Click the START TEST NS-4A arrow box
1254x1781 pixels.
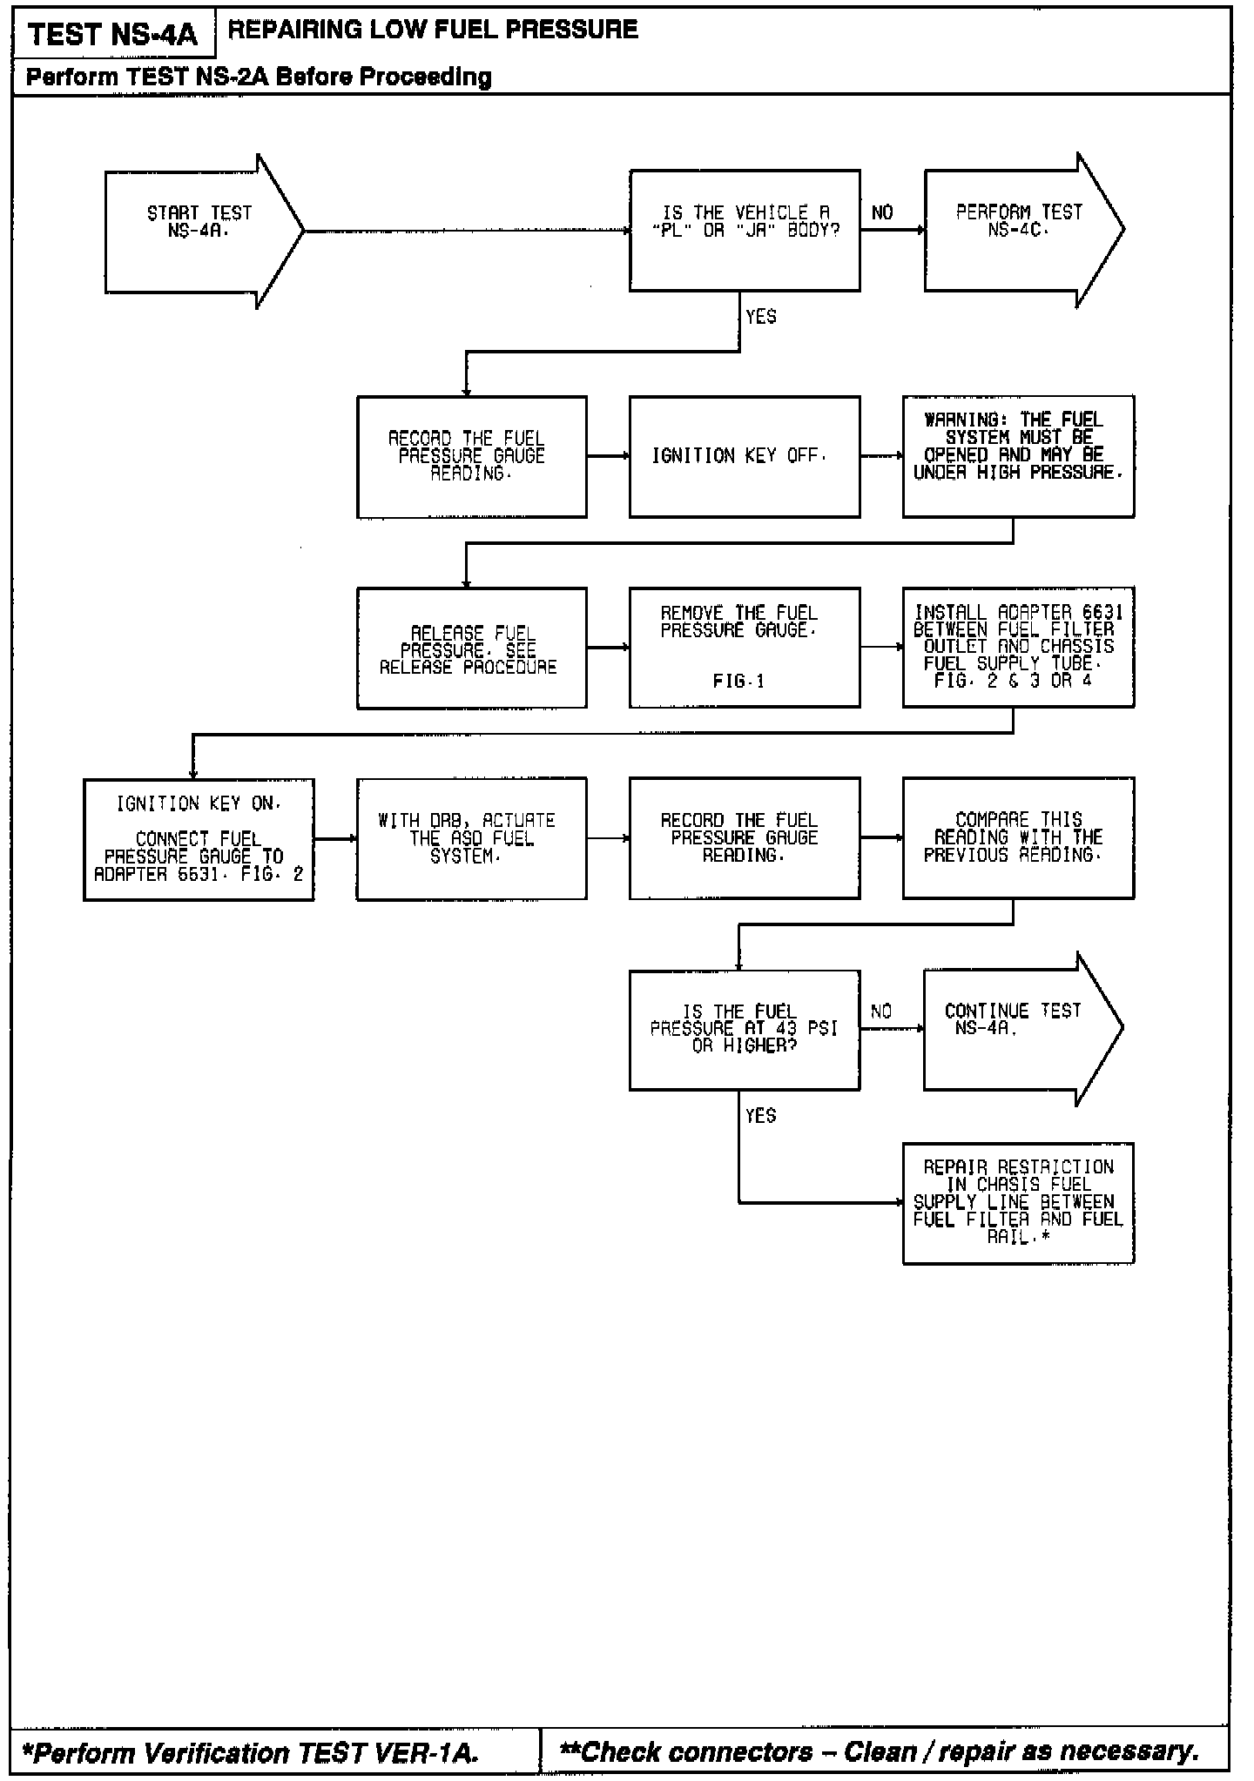click(199, 231)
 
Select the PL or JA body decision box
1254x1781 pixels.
click(745, 230)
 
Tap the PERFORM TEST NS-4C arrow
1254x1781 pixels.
click(1018, 230)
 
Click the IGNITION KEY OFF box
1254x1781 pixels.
click(745, 456)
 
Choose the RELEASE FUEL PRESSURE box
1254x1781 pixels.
click(471, 648)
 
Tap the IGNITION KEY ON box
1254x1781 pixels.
click(199, 839)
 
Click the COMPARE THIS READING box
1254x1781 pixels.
click(1018, 837)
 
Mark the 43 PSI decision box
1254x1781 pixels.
click(745, 1029)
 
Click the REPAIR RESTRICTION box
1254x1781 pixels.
click(1018, 1203)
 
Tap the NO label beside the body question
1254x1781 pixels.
click(882, 213)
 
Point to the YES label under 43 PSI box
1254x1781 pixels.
click(760, 1116)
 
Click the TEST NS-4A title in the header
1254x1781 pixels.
click(113, 36)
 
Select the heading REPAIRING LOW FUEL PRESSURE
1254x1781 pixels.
click(433, 30)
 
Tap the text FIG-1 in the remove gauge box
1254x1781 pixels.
click(738, 682)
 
